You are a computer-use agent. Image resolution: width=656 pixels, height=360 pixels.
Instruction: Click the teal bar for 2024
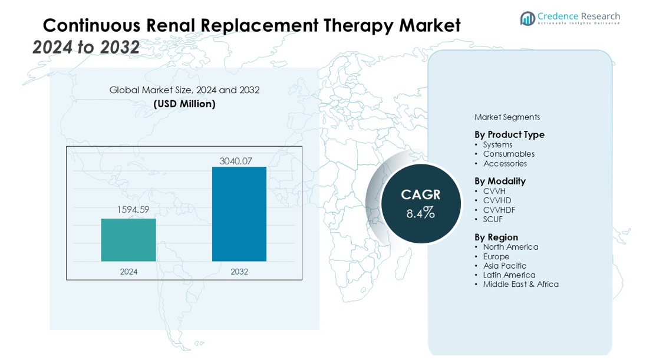tap(128, 240)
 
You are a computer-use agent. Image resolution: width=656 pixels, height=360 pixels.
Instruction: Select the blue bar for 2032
tap(239, 214)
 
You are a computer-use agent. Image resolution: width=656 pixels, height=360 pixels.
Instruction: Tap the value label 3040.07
tap(239, 160)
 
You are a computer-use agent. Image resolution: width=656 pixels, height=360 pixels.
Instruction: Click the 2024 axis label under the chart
tap(128, 272)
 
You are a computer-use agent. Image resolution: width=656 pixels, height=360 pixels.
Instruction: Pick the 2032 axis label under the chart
tap(239, 272)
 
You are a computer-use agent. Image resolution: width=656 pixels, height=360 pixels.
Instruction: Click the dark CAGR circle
tap(420, 204)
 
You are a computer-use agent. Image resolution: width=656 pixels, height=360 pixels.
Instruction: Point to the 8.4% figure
tap(420, 213)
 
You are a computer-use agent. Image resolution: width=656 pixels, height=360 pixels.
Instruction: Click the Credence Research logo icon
tap(528, 18)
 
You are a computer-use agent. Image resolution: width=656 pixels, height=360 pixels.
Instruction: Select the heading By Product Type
tap(509, 134)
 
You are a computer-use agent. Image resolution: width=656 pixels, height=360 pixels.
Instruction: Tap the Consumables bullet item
tap(509, 154)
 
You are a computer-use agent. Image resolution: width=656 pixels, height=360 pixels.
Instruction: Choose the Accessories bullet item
tap(505, 163)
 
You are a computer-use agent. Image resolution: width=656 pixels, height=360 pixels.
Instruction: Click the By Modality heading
tap(500, 181)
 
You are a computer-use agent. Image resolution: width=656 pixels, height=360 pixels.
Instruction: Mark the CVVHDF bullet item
tap(499, 210)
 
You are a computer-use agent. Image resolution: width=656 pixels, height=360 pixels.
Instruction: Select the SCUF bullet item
tap(493, 219)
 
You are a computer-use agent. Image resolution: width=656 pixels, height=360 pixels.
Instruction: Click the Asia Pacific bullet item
tap(505, 266)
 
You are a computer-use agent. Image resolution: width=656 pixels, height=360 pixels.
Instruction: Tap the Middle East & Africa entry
tap(520, 284)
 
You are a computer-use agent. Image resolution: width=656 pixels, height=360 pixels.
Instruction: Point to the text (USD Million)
tap(184, 104)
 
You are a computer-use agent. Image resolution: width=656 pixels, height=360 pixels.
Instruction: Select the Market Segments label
tap(507, 117)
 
